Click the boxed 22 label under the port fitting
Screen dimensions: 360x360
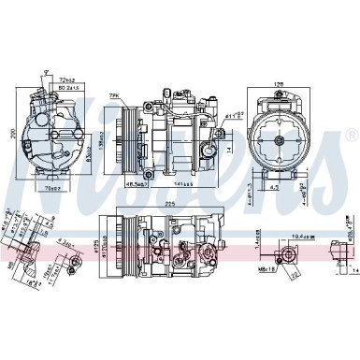pyautogui.click(x=295, y=278)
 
